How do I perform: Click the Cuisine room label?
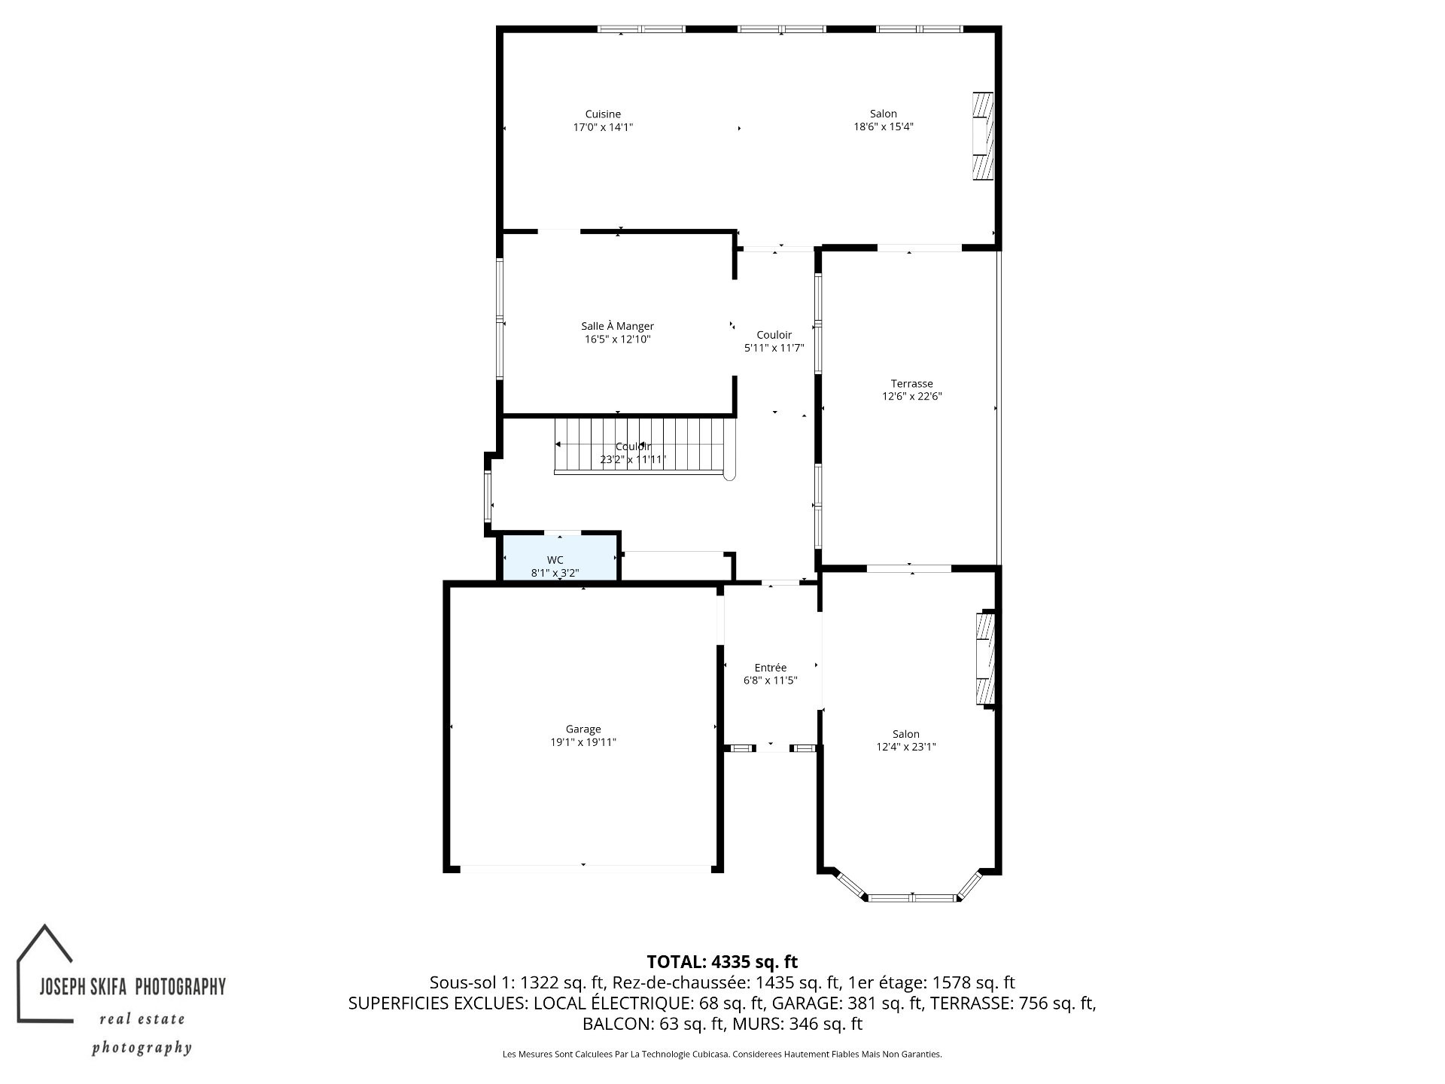point(603,114)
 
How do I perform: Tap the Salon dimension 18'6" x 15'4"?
point(884,127)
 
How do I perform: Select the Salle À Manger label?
point(617,326)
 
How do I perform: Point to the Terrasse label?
point(912,384)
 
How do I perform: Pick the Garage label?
point(583,729)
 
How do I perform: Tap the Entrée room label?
point(771,668)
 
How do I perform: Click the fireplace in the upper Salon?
point(983,136)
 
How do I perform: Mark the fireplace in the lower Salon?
point(985,659)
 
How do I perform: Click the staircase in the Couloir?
point(644,446)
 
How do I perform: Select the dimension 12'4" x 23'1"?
point(906,748)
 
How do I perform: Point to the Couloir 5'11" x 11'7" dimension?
point(774,349)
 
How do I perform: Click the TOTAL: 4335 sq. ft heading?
point(722,961)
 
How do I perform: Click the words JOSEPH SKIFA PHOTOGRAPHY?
point(132,986)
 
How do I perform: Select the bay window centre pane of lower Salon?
point(912,897)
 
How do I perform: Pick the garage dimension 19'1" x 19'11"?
point(583,742)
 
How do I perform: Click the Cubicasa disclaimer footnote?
point(722,1055)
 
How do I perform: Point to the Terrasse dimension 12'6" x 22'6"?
point(912,397)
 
